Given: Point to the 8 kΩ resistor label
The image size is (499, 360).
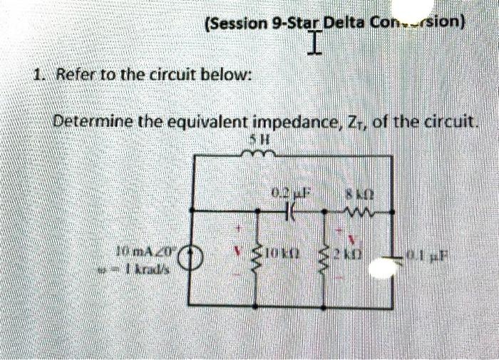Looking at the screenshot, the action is click(x=354, y=191).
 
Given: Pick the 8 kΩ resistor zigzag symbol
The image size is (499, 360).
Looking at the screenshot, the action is click(x=354, y=212).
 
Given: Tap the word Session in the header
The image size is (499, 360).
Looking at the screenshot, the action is click(x=237, y=23).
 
